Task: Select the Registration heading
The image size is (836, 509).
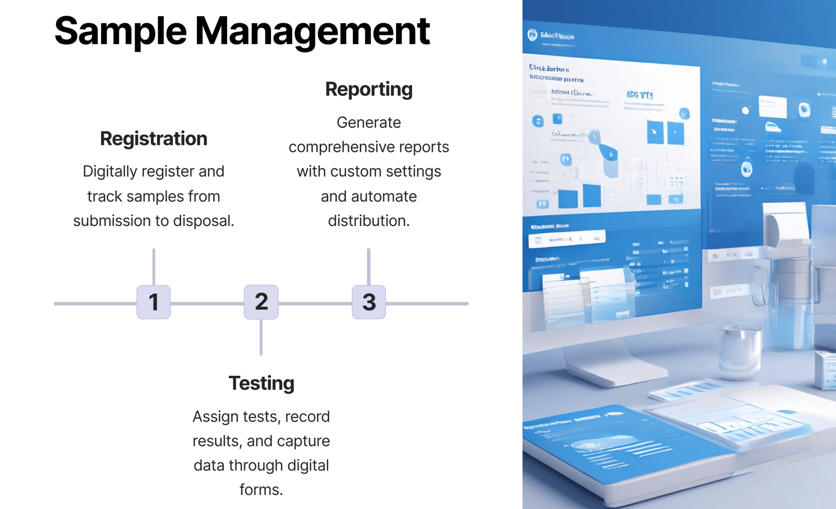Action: click(153, 139)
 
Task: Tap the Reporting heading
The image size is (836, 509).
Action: click(369, 89)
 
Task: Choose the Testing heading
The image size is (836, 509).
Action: click(261, 383)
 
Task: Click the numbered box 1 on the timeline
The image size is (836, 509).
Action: click(154, 302)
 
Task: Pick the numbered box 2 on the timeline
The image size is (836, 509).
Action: click(261, 302)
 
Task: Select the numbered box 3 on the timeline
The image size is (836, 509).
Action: click(369, 302)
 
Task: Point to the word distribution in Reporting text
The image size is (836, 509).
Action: click(369, 221)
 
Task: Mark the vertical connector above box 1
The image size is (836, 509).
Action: click(154, 266)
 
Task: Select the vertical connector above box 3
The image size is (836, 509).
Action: click(369, 266)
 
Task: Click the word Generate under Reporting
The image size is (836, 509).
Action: click(369, 123)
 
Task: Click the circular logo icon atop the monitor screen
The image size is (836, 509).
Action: click(532, 35)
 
